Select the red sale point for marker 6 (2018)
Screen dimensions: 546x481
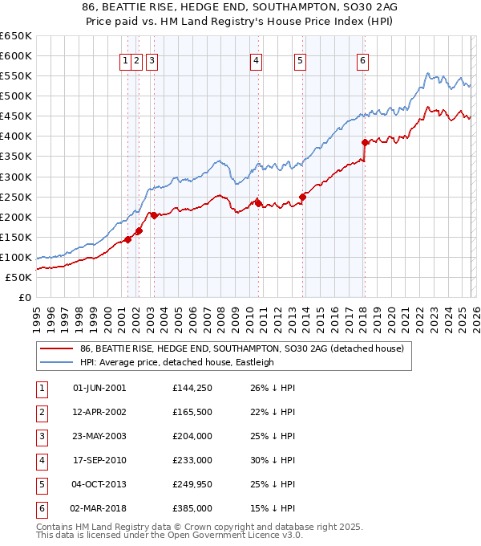point(365,142)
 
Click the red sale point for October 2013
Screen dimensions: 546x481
point(302,197)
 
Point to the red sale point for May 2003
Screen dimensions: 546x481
point(154,215)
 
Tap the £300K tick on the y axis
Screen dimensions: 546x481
point(16,177)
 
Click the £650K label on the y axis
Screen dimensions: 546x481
point(16,36)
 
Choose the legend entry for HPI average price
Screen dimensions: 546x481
point(176,362)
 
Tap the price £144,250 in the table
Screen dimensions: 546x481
point(192,388)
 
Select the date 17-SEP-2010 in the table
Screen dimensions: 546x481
point(99,461)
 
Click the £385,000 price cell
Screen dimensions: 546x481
point(192,509)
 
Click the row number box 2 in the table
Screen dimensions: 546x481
point(41,412)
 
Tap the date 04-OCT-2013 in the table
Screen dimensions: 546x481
point(99,485)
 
